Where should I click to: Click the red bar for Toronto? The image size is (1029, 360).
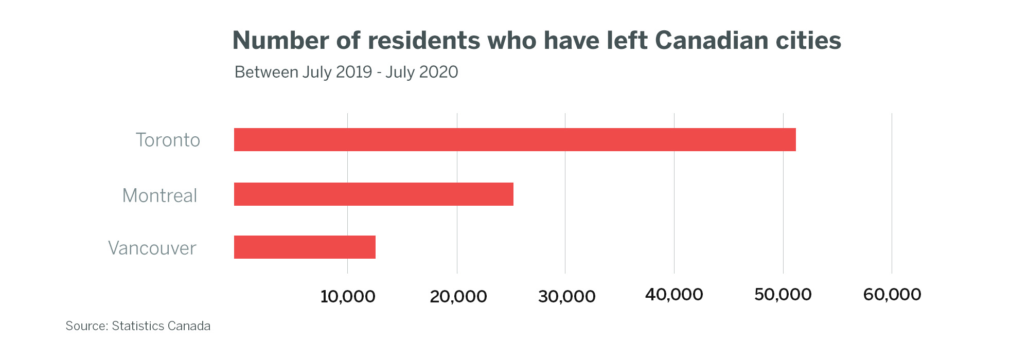[x=514, y=139]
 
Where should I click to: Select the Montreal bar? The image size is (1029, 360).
[x=374, y=194]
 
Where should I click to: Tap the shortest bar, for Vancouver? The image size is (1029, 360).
[x=305, y=247]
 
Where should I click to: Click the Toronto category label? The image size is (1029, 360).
[x=168, y=140]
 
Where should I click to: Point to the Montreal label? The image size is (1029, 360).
[x=159, y=195]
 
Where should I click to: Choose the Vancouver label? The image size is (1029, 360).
[x=152, y=248]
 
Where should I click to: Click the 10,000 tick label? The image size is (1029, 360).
[x=348, y=296]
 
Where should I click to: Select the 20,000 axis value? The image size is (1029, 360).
[x=458, y=296]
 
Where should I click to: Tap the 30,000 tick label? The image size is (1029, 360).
[x=566, y=296]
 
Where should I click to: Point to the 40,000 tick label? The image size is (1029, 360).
[x=674, y=295]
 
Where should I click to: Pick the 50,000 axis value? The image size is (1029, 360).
[x=783, y=295]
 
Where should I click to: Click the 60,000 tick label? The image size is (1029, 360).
[x=892, y=295]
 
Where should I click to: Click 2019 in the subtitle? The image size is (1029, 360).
[x=353, y=72]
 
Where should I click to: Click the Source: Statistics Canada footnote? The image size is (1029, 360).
[x=138, y=326]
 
